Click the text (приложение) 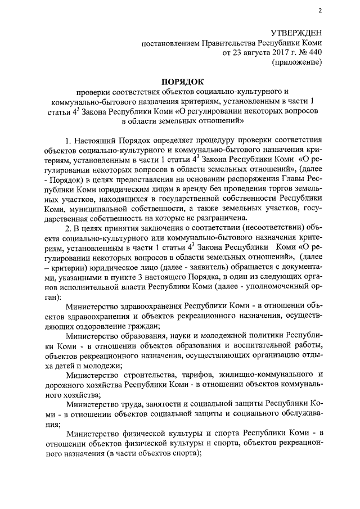tap(297, 63)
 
